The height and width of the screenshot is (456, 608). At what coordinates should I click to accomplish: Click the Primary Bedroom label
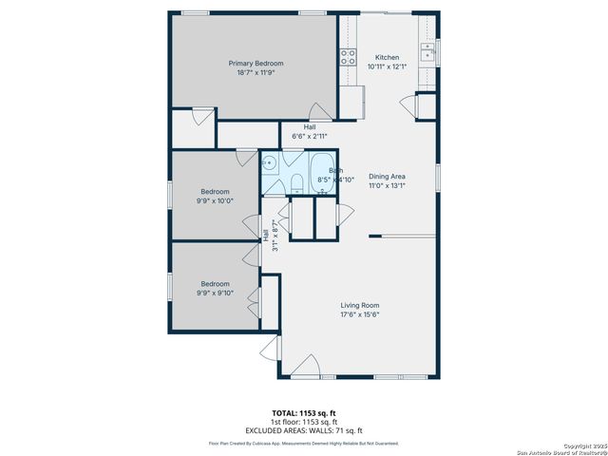click(x=256, y=64)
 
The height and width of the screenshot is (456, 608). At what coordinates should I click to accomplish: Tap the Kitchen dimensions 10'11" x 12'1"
click(x=387, y=66)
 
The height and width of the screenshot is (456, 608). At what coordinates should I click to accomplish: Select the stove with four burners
click(x=348, y=56)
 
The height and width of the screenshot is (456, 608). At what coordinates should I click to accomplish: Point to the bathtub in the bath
click(x=322, y=171)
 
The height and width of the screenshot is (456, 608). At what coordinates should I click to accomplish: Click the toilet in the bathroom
click(x=295, y=182)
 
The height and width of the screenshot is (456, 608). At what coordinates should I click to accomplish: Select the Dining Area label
click(x=387, y=177)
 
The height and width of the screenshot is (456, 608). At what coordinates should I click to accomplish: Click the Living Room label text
click(x=360, y=305)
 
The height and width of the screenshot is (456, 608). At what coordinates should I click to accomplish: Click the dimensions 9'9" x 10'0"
click(x=215, y=200)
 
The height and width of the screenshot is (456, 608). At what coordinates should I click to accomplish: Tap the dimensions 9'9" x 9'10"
click(x=215, y=293)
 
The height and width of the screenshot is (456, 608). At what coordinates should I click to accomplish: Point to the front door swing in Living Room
click(x=304, y=366)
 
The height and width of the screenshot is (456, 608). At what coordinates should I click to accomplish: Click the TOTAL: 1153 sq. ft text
click(x=303, y=413)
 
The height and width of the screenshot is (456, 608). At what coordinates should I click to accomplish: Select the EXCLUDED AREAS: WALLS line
click(x=303, y=430)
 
